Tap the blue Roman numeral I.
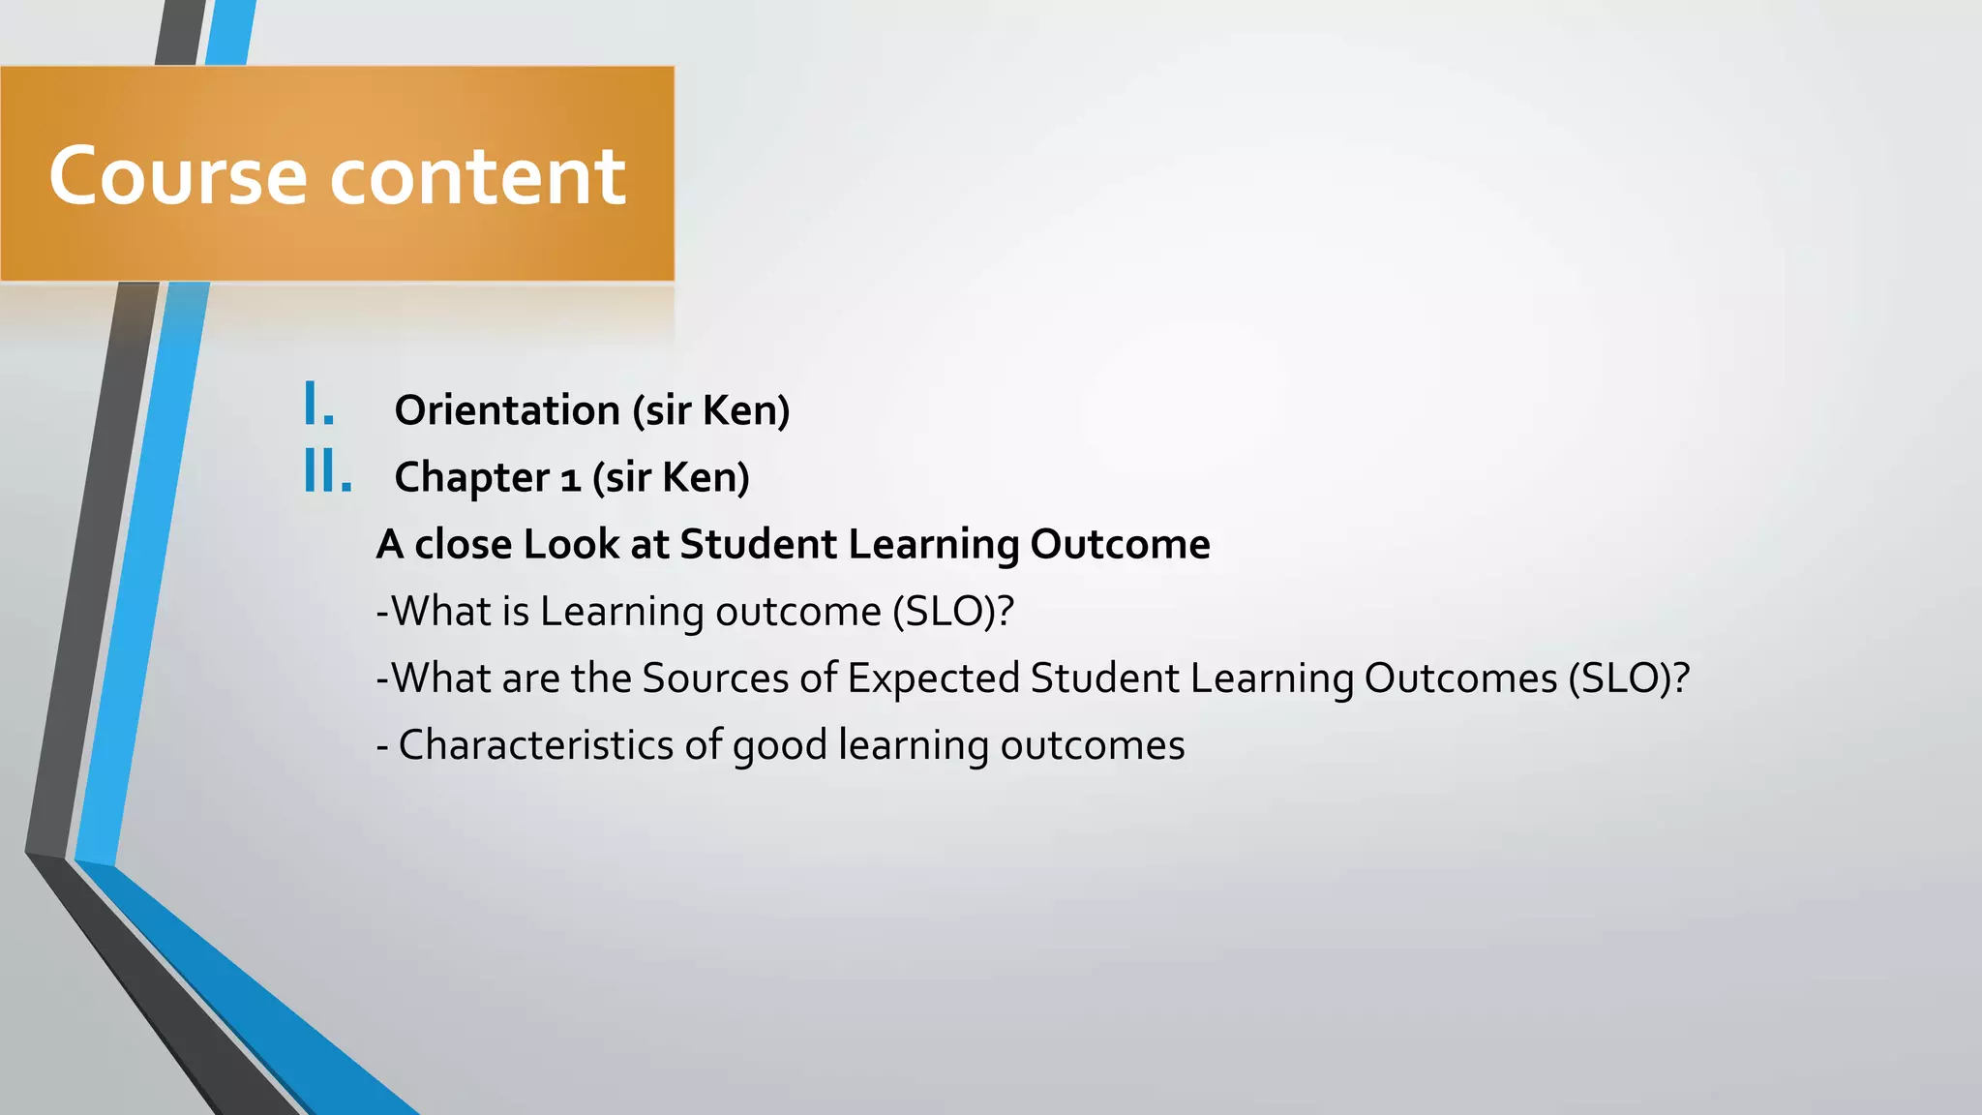318,405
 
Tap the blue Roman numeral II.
327,472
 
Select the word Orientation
507,410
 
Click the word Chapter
471,478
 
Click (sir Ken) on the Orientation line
711,410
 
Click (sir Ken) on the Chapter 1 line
671,478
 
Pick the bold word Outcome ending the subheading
1120,544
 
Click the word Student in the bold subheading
758,544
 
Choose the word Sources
715,678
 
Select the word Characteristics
536,745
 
